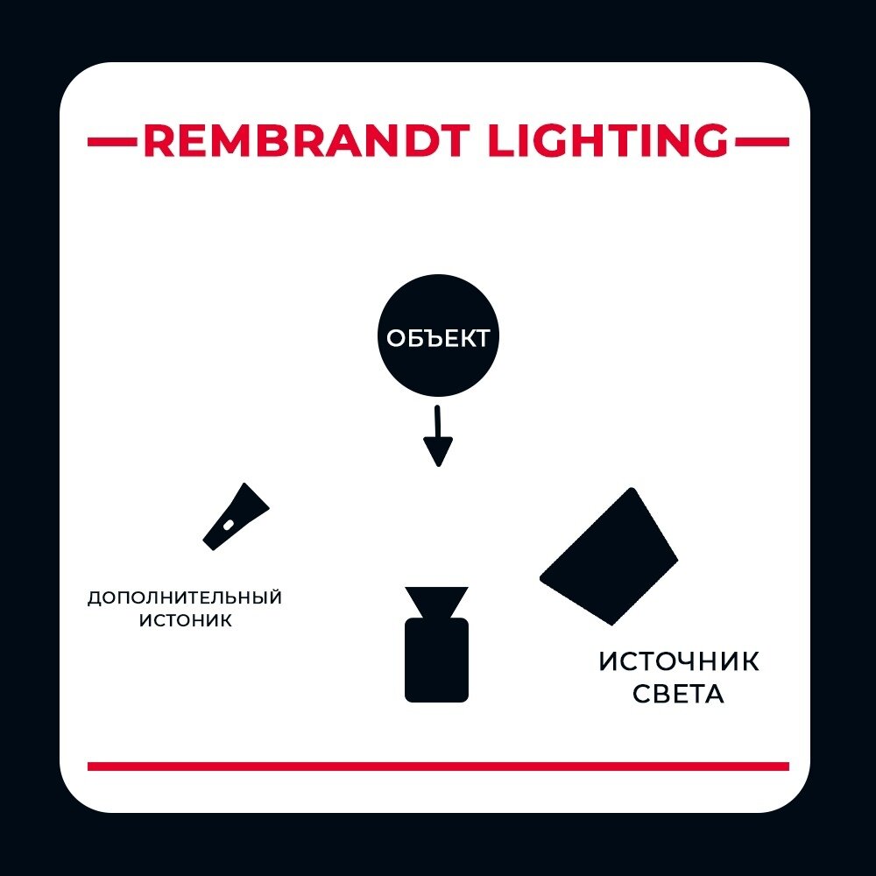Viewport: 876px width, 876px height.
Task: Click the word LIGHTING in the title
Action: pyautogui.click(x=607, y=141)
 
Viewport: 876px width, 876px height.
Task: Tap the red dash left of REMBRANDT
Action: pyautogui.click(x=112, y=141)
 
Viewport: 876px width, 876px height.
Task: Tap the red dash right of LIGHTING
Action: pyautogui.click(x=761, y=141)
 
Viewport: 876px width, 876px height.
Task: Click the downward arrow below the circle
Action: pyautogui.click(x=437, y=434)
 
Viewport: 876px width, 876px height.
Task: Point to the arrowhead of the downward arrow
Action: pyautogui.click(x=437, y=453)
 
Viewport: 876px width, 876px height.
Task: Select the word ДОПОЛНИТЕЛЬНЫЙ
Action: pyautogui.click(x=185, y=598)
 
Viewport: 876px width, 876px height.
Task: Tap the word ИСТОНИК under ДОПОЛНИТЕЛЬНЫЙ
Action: pyautogui.click(x=185, y=621)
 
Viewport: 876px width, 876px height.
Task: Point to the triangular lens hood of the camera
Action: pyautogui.click(x=436, y=601)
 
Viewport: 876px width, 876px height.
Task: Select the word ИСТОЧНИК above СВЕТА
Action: pyautogui.click(x=679, y=661)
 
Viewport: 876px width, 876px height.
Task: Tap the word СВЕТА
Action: pyautogui.click(x=678, y=695)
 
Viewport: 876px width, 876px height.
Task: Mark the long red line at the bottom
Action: pyautogui.click(x=438, y=766)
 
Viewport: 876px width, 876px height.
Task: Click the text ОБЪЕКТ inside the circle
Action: pyautogui.click(x=437, y=339)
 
